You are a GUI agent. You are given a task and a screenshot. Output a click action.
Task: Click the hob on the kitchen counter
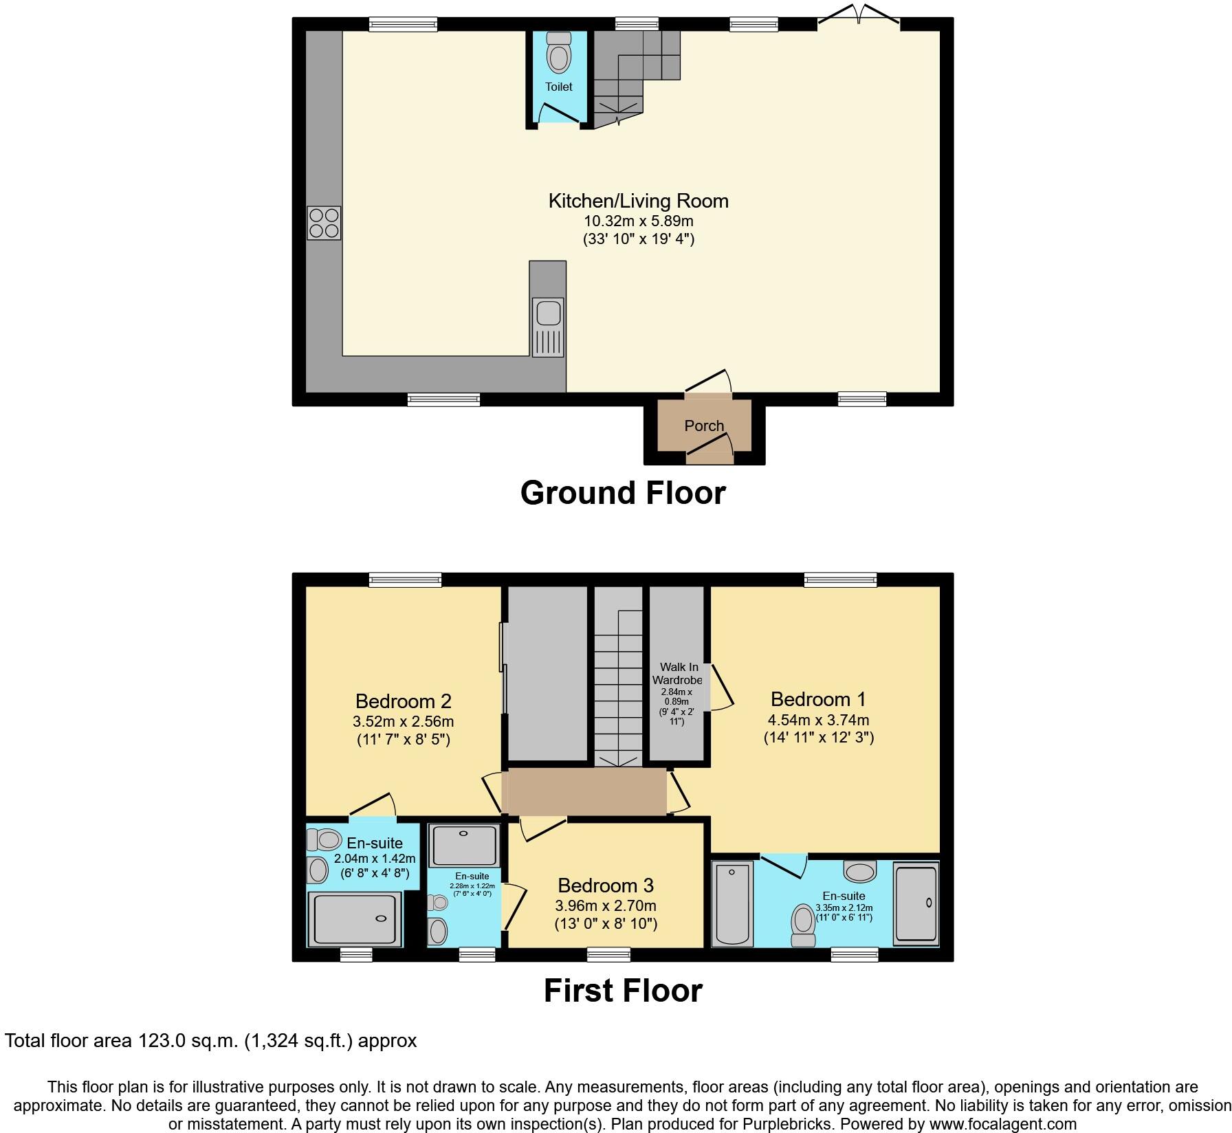324,223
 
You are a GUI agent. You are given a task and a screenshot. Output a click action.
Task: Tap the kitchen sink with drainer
547,327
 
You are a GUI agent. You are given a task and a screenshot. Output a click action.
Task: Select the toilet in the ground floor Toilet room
558,55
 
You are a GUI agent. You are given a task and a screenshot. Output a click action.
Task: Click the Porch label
704,426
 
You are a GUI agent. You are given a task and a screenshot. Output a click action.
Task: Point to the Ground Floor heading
623,493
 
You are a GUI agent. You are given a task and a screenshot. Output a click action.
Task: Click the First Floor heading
623,991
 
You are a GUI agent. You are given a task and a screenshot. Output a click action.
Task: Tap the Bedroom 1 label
818,699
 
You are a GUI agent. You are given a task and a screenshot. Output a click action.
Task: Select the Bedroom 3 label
606,885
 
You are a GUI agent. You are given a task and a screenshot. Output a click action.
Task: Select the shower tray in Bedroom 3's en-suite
463,845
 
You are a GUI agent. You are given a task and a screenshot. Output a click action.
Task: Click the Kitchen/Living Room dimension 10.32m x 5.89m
639,221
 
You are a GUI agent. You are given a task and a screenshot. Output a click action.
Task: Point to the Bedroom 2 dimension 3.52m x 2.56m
403,722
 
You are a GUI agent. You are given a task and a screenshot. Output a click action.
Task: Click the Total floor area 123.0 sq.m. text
210,1040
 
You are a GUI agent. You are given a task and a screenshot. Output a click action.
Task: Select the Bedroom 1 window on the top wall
840,580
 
